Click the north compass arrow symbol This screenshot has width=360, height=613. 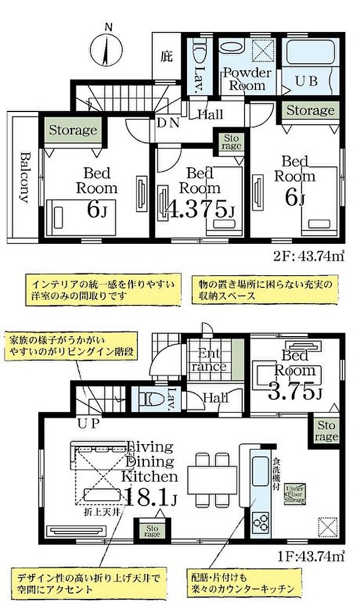click(107, 48)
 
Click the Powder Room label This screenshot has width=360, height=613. click(247, 80)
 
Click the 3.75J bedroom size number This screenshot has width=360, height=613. click(295, 393)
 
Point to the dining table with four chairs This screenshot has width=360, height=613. click(212, 479)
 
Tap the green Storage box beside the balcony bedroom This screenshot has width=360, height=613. click(73, 131)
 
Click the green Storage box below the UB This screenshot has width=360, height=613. click(310, 110)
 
